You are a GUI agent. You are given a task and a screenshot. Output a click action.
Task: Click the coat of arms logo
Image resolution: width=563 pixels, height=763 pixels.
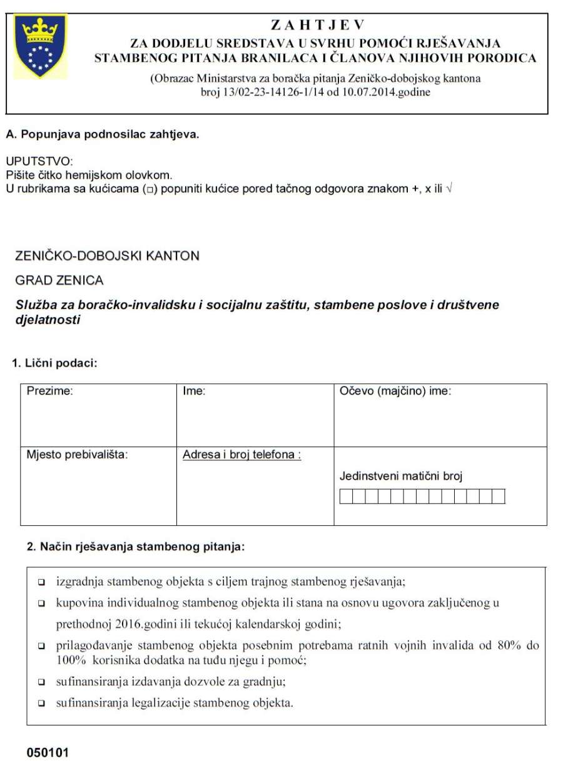point(39,48)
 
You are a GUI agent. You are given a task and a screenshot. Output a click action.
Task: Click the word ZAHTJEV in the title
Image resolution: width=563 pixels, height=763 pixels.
point(317,26)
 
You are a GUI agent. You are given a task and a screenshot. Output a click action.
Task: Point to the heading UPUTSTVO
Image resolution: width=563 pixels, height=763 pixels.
point(39,162)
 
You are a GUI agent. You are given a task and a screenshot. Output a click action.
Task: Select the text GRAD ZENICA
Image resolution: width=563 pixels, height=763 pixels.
point(59,281)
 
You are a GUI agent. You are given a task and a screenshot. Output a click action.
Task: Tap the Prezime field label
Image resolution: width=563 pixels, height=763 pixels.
point(49,392)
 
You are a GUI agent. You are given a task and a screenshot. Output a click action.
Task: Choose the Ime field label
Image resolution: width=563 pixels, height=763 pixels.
point(195,392)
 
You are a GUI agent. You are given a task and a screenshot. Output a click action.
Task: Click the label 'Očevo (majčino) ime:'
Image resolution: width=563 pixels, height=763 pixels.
point(395,392)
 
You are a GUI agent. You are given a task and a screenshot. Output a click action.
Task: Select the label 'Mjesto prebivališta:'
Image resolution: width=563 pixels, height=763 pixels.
point(77,455)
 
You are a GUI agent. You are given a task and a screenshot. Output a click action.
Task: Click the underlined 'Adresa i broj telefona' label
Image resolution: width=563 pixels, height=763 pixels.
point(241,455)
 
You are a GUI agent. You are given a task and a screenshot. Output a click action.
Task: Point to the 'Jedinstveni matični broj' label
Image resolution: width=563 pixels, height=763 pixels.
point(400,477)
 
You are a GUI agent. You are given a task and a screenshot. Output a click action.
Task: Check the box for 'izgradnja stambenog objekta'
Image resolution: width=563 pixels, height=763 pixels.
point(41,582)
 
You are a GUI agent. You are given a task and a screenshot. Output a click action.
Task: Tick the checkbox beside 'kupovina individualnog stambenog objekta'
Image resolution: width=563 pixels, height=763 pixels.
point(41,604)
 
